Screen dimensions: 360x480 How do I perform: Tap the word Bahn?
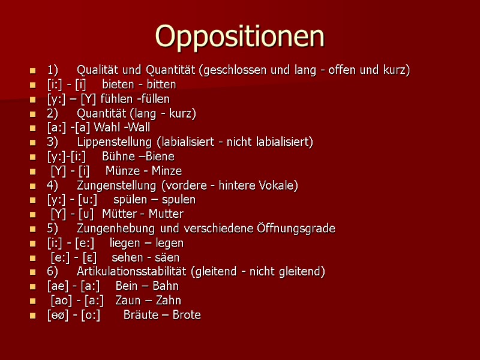pos(166,286)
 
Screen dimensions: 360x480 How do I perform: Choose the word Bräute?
pos(140,315)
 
